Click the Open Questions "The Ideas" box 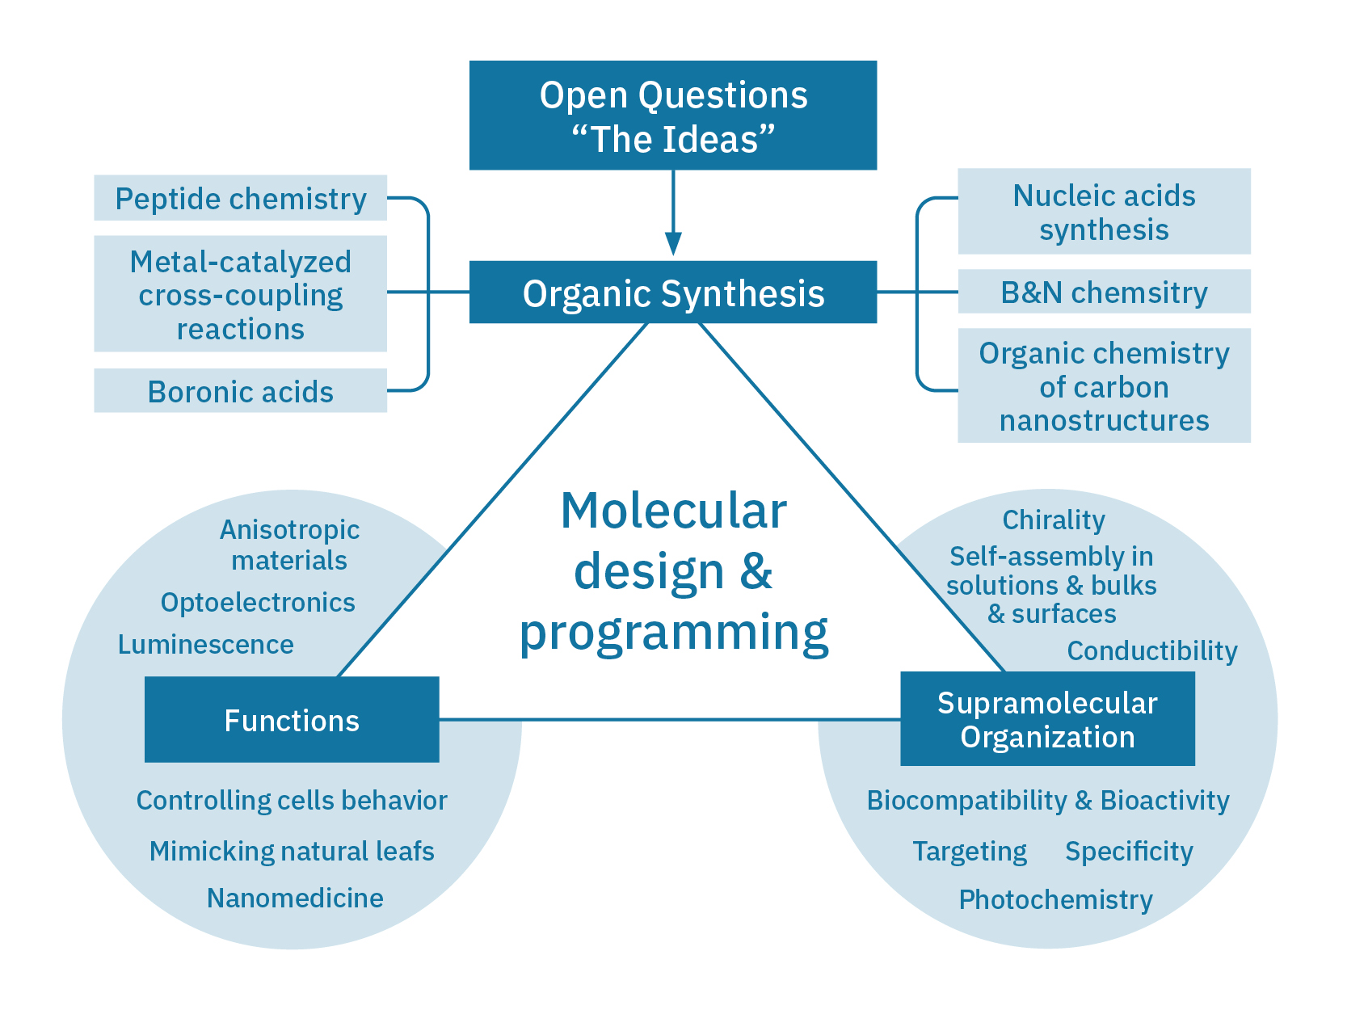[672, 116]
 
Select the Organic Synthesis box [672, 292]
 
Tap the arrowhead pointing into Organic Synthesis [673, 243]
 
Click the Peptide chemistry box [240, 199]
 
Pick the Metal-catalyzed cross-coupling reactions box [240, 294]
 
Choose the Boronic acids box [240, 392]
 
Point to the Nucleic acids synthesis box [1104, 212]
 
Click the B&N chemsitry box [1104, 292]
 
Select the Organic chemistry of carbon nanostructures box [1104, 386]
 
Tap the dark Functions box [292, 720]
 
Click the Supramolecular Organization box [1047, 719]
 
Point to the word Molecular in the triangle [673, 511]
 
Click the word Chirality [1054, 520]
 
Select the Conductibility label [1152, 651]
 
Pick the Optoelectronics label [258, 603]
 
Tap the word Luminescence [206, 645]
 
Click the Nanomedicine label [295, 898]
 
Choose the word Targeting [970, 852]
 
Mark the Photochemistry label [1055, 900]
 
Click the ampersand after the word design [756, 572]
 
